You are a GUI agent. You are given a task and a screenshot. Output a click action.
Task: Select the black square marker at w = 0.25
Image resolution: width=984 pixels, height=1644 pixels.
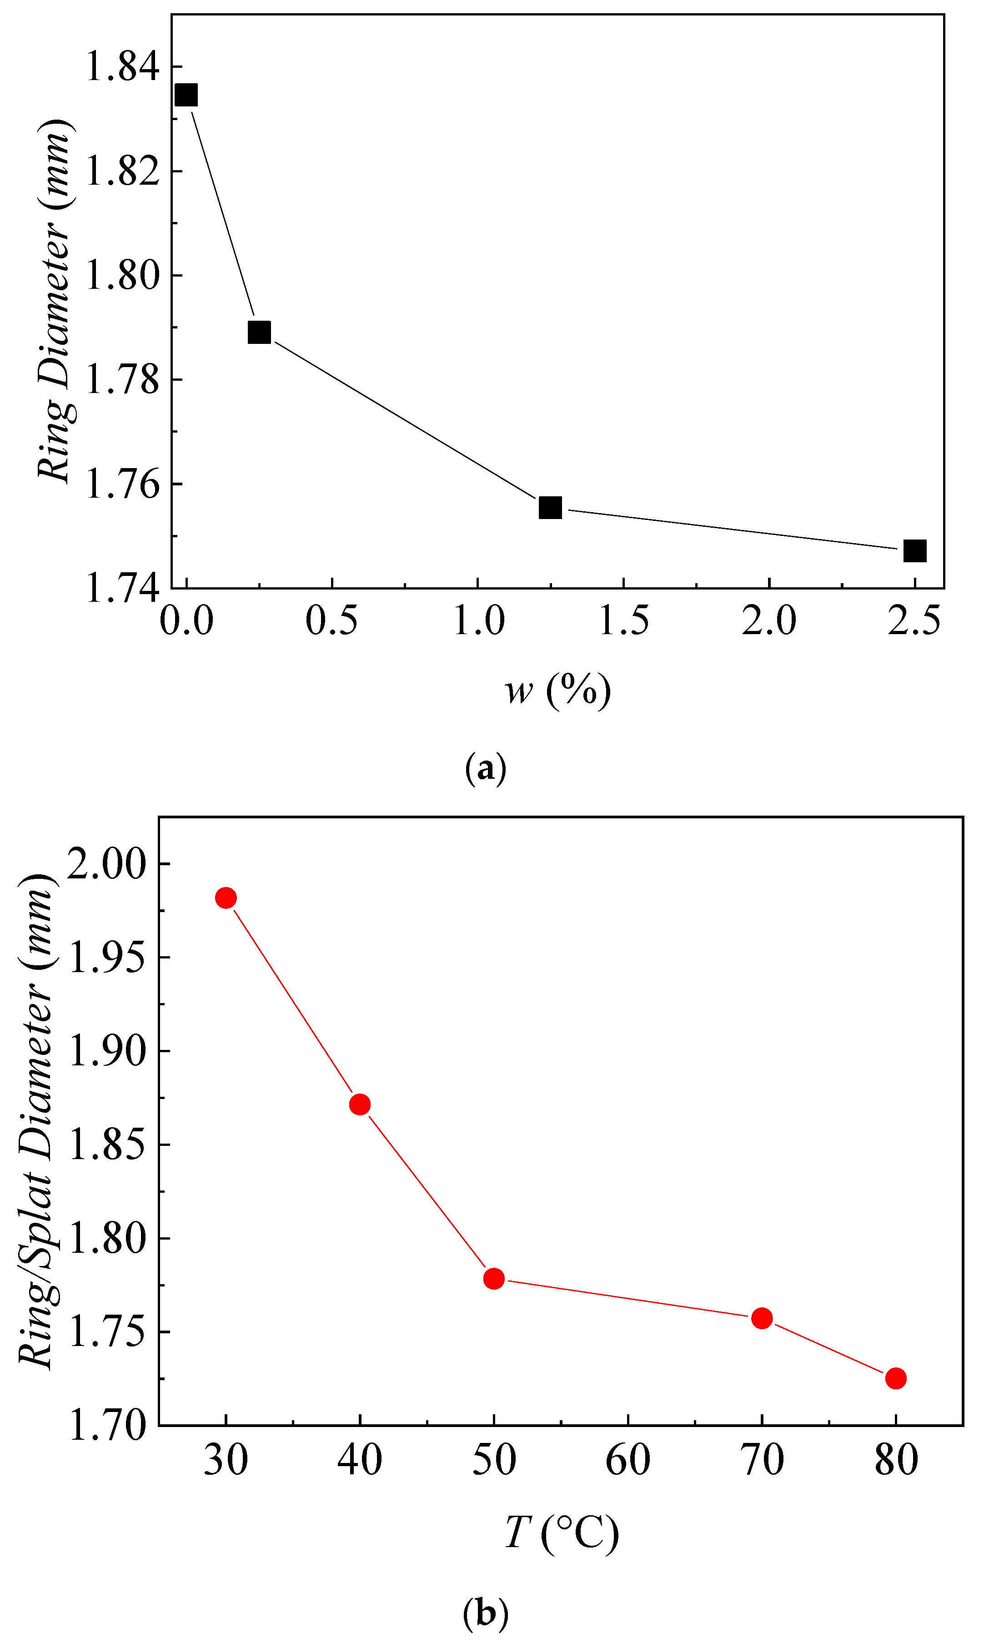click(x=259, y=332)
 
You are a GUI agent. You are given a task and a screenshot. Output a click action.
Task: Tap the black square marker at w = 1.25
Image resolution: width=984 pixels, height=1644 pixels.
click(x=550, y=507)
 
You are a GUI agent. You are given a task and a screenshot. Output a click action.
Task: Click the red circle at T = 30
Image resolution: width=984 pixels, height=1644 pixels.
click(x=226, y=898)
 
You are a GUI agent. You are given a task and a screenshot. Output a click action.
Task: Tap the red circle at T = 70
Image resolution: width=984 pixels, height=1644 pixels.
click(x=762, y=1318)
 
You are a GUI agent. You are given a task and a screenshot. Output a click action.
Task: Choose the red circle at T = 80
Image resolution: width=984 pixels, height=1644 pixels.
click(x=896, y=1378)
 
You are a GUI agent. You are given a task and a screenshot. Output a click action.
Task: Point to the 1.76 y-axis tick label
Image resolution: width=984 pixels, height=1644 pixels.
click(x=123, y=484)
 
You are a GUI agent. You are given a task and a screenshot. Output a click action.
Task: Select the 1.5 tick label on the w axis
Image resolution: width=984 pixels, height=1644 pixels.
click(x=623, y=621)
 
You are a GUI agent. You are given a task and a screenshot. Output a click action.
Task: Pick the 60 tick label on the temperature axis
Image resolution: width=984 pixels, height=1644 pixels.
click(x=628, y=1459)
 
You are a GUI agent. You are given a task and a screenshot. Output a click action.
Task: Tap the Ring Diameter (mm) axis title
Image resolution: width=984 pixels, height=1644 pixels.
click(x=55, y=302)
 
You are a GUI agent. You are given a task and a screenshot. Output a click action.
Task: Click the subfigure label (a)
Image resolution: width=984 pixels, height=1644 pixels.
click(x=486, y=768)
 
